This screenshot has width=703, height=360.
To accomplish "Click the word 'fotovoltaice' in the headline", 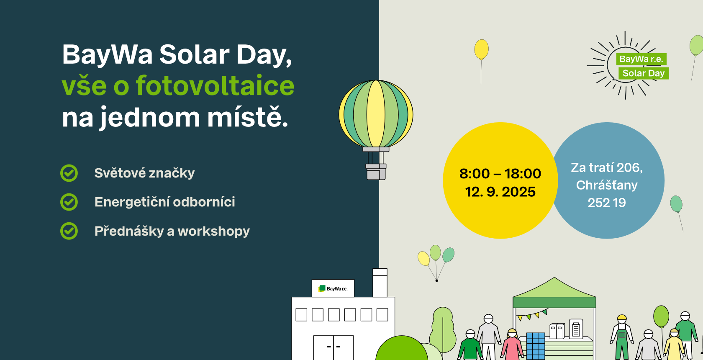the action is [x=215, y=85].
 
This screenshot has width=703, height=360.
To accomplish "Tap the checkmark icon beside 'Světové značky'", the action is [x=69, y=173].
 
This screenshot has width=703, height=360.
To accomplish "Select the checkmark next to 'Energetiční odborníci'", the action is [x=69, y=202].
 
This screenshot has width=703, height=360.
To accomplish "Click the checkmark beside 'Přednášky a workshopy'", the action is [x=69, y=231].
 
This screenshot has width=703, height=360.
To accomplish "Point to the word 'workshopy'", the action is [x=214, y=231].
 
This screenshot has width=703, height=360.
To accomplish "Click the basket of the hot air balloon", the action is [x=376, y=172].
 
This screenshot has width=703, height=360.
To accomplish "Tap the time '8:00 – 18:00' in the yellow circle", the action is [x=500, y=174].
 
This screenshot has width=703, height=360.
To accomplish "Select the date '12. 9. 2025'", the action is [x=500, y=192].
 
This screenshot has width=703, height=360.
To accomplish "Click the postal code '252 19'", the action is [x=607, y=203].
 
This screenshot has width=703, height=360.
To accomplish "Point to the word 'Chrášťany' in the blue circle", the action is [x=607, y=185].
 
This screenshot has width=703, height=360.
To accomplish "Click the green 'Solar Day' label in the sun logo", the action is [x=644, y=73].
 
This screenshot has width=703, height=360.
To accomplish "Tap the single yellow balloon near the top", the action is [x=481, y=49].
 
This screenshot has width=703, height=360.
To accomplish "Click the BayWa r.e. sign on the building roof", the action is [x=333, y=288].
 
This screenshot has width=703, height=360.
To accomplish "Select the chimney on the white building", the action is [x=380, y=283].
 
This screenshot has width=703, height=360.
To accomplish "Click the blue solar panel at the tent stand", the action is [x=536, y=346].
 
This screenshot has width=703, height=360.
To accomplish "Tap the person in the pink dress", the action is [x=512, y=345].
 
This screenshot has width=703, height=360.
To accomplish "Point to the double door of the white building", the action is [x=333, y=347].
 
